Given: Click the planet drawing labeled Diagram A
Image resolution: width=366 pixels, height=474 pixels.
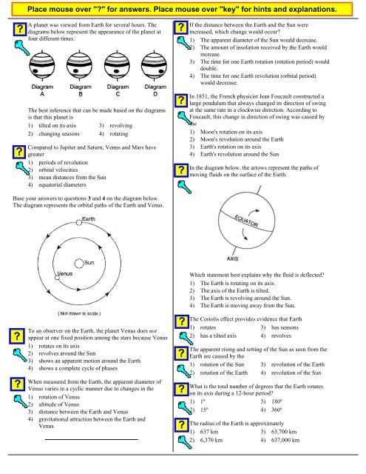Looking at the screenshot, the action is pos(42,66).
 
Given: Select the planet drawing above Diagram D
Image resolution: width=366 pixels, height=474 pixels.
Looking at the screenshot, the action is pos(155,66).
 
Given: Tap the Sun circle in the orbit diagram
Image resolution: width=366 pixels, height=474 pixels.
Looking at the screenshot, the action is pos(79,264).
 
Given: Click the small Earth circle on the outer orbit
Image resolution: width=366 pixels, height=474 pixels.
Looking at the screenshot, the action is pos(79,222).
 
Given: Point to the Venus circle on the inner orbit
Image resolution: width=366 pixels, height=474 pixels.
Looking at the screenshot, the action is pos(57,277).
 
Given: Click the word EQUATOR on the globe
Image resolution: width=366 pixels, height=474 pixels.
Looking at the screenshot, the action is pos(246,221).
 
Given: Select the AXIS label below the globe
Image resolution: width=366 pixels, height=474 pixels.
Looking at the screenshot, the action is pos(232,258).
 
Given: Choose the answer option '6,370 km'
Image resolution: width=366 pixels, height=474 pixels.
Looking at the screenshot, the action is pos(211,440).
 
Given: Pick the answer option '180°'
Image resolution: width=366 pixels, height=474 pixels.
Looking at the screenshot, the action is pos(277,401).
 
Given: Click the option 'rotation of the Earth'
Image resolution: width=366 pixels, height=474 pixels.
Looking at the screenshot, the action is pos(223,373).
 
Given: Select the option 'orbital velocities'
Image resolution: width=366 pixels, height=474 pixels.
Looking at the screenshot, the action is pos(58,170).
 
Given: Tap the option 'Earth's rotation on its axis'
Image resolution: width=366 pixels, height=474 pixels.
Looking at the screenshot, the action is pos(231,147).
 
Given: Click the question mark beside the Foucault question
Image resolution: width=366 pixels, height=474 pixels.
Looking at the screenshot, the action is pos(181,101).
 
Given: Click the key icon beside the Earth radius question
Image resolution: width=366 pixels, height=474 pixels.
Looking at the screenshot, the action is pos(184,442).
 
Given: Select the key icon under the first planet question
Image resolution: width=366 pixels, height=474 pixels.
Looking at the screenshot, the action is pos(22,47).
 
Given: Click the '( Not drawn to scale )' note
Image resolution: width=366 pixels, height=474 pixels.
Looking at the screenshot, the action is pos(79,313).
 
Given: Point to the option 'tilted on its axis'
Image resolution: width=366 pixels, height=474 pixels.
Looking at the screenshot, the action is pos(58,125).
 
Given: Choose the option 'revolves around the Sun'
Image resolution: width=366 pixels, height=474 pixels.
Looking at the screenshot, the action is pos(67,353).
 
